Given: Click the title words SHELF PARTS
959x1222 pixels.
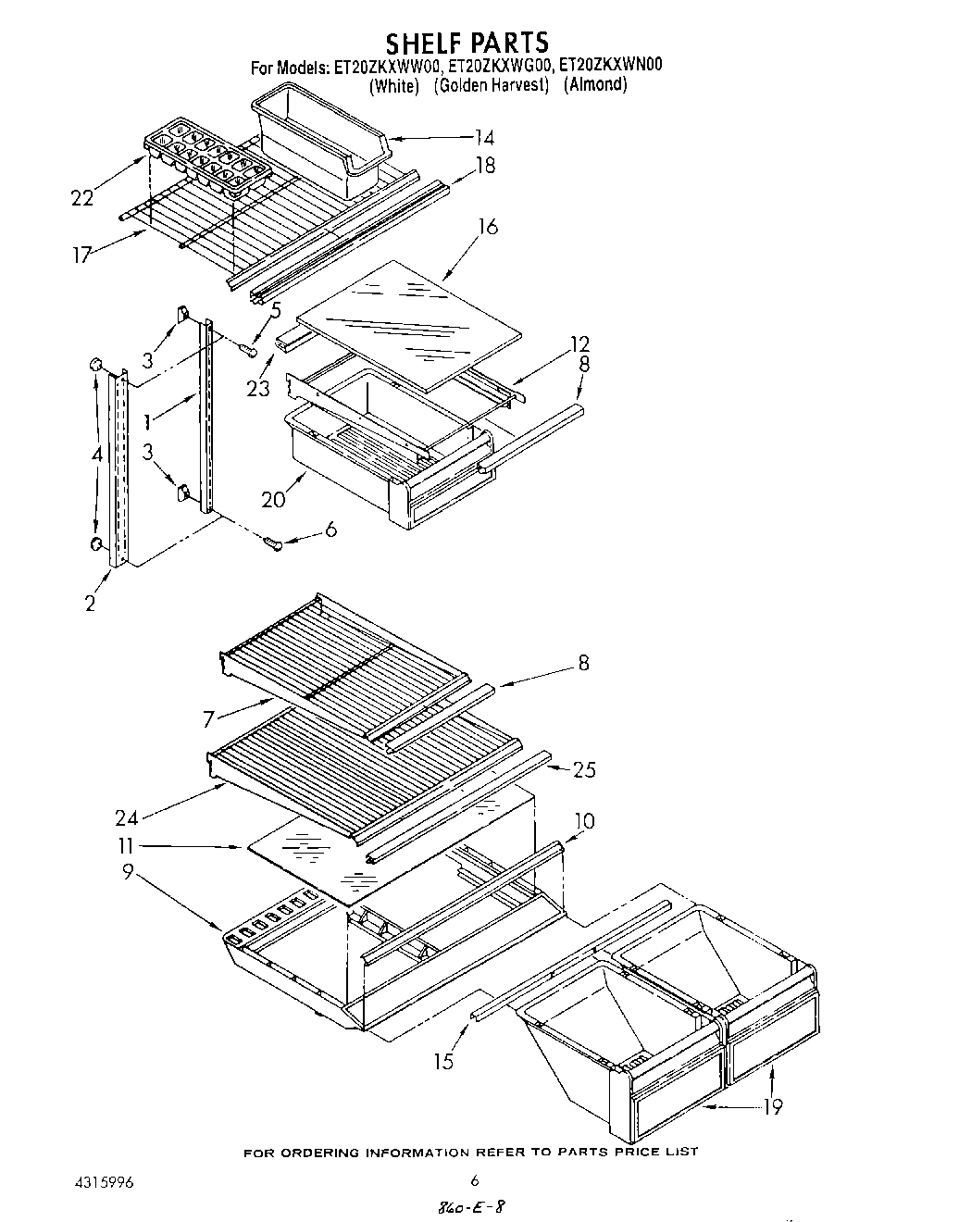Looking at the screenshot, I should pos(467,43).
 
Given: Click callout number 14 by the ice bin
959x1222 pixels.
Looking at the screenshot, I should pos(483,138).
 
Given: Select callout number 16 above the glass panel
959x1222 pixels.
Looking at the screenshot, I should pos(488,227).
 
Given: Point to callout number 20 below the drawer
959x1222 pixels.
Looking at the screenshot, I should pos(274,499).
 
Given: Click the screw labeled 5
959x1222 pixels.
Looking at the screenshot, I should pos(247,349).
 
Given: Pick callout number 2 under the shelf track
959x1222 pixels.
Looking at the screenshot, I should pos(90,603).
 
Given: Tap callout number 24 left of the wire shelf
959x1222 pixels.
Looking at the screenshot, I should pos(127,817).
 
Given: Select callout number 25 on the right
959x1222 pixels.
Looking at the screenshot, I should pos(584,769).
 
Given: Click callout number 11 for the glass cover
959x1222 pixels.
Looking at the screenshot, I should pos(126,845).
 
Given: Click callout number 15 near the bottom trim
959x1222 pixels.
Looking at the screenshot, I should pos(444,1061).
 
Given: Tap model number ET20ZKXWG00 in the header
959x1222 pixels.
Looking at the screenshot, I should pos(500,66).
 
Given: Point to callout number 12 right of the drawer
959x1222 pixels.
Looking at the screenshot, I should pos(580,345).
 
